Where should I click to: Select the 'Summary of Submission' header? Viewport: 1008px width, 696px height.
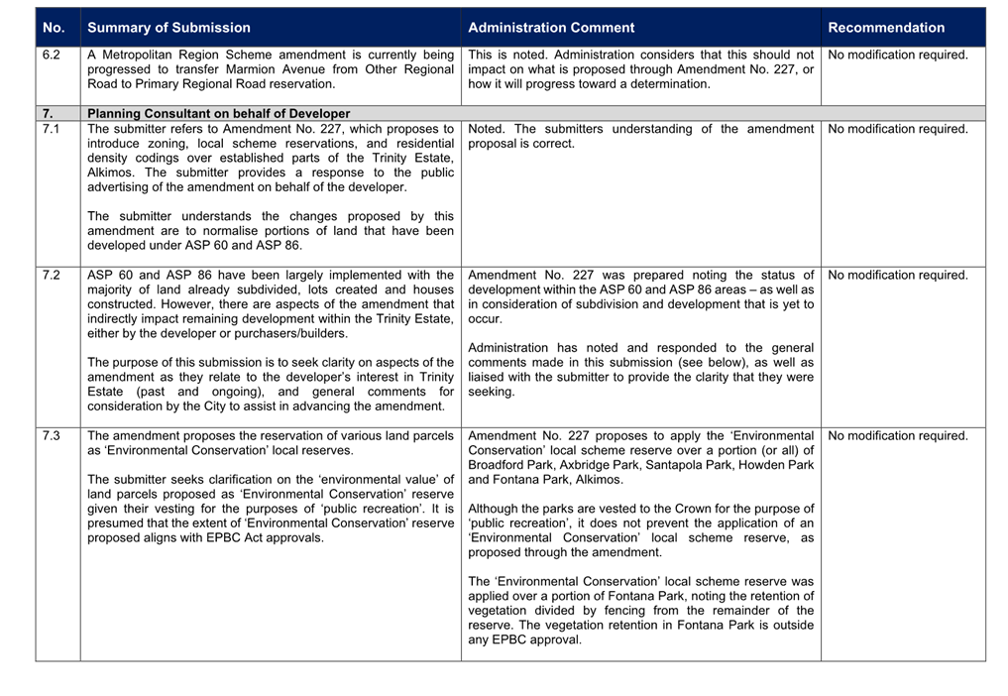pyautogui.click(x=168, y=28)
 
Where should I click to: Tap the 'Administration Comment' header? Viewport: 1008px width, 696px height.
pyautogui.click(x=551, y=28)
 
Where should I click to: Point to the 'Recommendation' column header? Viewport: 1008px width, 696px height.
pyautogui.click(x=886, y=28)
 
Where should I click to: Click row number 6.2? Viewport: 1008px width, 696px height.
pyautogui.click(x=52, y=56)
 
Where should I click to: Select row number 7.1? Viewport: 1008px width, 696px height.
pyautogui.click(x=52, y=129)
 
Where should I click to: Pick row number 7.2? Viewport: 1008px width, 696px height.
pyautogui.click(x=52, y=276)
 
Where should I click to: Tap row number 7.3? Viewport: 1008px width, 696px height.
pyautogui.click(x=52, y=436)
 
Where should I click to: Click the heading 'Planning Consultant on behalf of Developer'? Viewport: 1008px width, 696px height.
pyautogui.click(x=218, y=114)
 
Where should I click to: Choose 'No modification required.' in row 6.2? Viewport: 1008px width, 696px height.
pyautogui.click(x=898, y=56)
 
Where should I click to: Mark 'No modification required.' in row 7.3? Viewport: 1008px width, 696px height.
pyautogui.click(x=898, y=436)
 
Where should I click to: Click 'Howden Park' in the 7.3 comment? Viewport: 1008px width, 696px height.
pyautogui.click(x=780, y=465)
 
